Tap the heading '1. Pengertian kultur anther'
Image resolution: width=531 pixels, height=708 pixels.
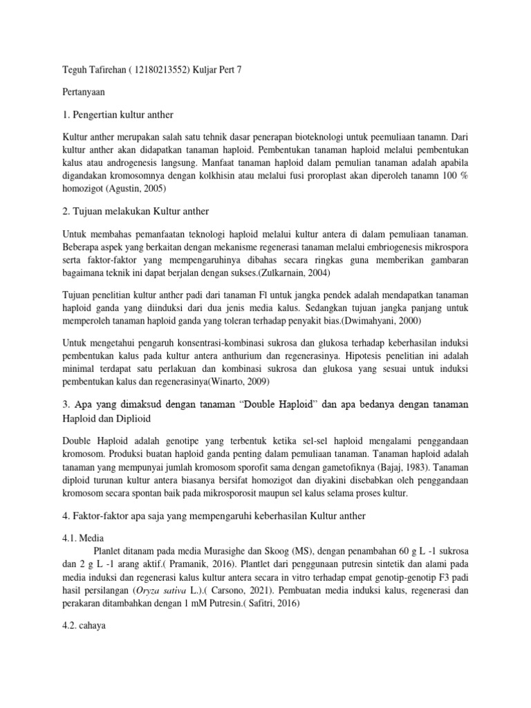click(x=118, y=114)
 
